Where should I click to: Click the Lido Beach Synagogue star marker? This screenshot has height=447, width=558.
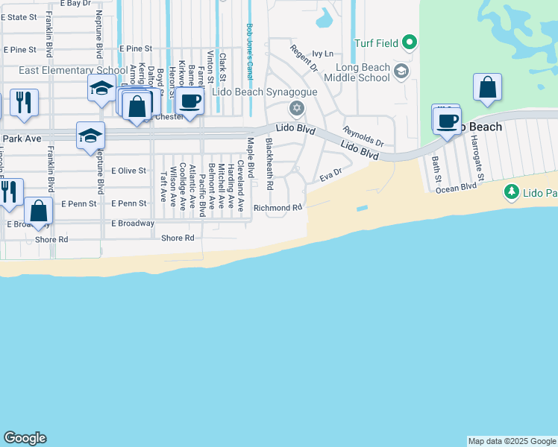tap(297, 110)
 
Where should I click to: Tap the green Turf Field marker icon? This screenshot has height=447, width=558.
tap(409, 43)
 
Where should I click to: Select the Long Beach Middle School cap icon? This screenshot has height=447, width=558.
tap(401, 72)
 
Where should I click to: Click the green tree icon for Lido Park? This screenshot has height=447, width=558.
tap(511, 192)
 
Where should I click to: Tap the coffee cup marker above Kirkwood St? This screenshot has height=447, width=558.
tap(189, 101)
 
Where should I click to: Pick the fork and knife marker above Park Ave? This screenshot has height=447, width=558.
tap(24, 102)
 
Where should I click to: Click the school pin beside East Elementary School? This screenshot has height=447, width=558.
tap(101, 89)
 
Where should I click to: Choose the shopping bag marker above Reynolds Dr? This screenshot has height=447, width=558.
tap(487, 87)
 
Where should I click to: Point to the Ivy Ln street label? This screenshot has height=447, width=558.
tap(322, 54)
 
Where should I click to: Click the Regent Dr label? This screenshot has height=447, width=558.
tap(303, 60)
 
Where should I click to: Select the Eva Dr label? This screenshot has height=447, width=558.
tap(330, 176)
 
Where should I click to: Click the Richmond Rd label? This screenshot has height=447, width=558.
tap(278, 208)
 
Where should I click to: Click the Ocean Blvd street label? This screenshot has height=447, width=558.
tap(456, 188)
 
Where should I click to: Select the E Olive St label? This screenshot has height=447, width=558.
tap(128, 171)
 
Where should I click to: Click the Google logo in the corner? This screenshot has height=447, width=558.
tap(25, 438)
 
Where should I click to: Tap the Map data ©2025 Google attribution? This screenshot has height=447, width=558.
tap(512, 441)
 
